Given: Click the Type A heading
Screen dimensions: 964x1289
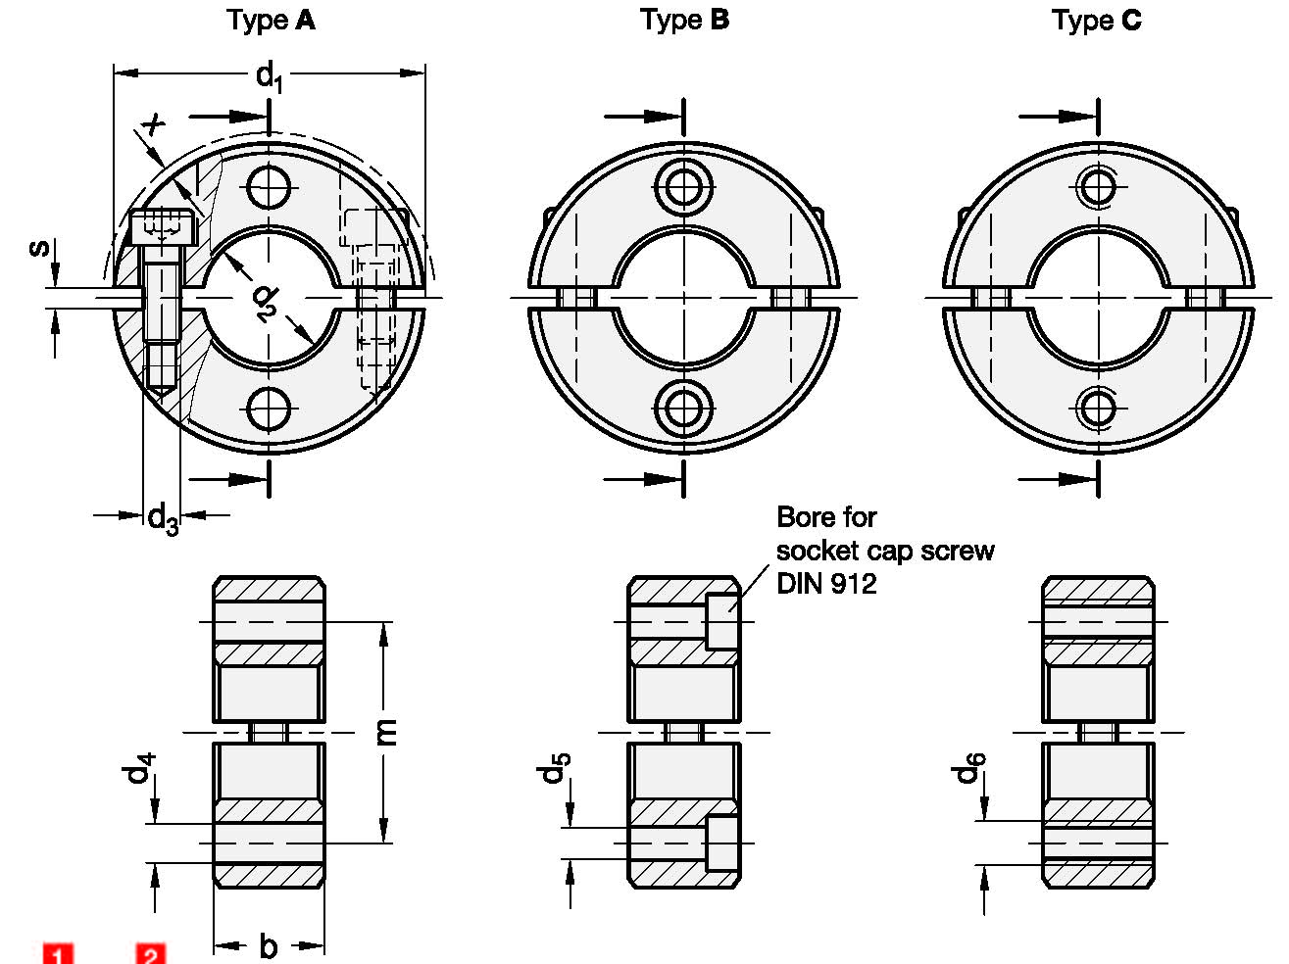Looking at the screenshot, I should click(271, 20).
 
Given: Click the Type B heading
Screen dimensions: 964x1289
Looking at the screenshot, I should click(684, 20).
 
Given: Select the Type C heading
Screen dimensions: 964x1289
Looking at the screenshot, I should click(1096, 20).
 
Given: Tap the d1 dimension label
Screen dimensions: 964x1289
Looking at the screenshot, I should click(269, 75).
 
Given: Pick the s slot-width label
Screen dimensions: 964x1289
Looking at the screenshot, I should click(38, 246).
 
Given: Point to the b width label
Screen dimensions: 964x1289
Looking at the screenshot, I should click(268, 946).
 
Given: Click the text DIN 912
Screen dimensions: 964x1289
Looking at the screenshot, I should click(825, 584).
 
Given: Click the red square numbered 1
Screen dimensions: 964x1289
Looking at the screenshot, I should click(57, 954).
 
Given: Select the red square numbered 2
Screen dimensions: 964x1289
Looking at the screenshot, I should click(150, 954).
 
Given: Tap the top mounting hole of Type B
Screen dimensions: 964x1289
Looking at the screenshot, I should click(683, 186).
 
